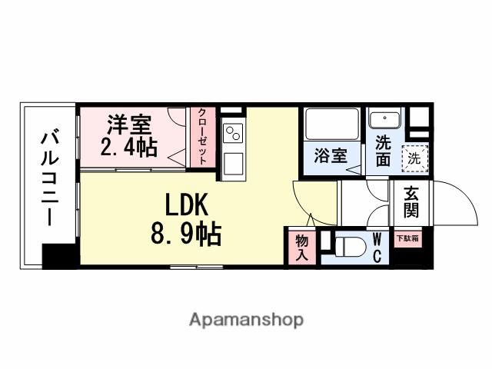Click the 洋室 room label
point(129,124)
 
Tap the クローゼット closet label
point(202,135)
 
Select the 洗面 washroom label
point(382,151)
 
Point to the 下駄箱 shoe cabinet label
point(407,238)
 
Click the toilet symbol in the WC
point(348,248)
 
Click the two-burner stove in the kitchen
point(233,135)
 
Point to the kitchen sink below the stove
point(233,164)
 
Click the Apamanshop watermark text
point(247,319)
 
